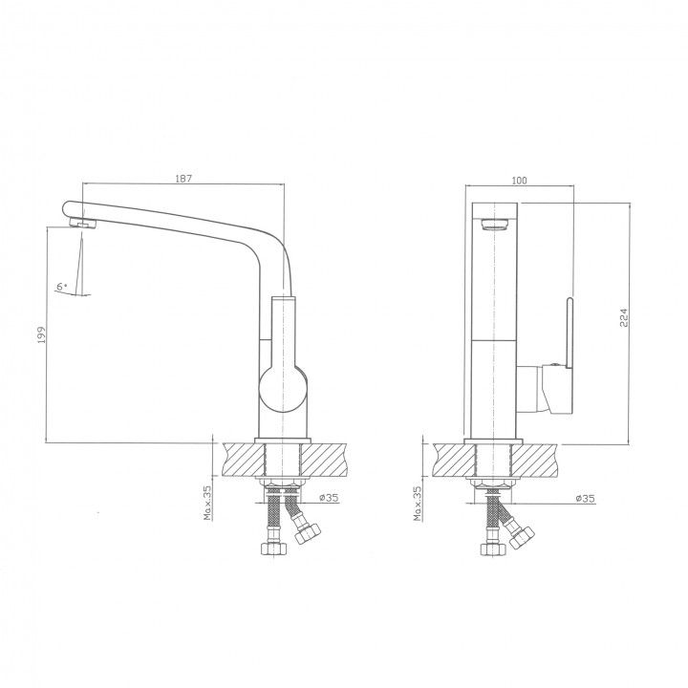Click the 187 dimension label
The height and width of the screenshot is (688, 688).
(183, 178)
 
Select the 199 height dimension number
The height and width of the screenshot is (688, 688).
(41, 334)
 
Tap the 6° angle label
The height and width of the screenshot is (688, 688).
(62, 287)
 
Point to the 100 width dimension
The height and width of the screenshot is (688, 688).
(519, 180)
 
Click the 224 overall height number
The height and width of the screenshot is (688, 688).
(623, 317)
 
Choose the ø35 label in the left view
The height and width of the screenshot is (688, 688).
(329, 497)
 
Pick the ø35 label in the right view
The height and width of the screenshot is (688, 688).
(586, 498)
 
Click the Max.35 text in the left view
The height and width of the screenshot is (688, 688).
(207, 503)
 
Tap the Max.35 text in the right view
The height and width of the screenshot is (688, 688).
(418, 503)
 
